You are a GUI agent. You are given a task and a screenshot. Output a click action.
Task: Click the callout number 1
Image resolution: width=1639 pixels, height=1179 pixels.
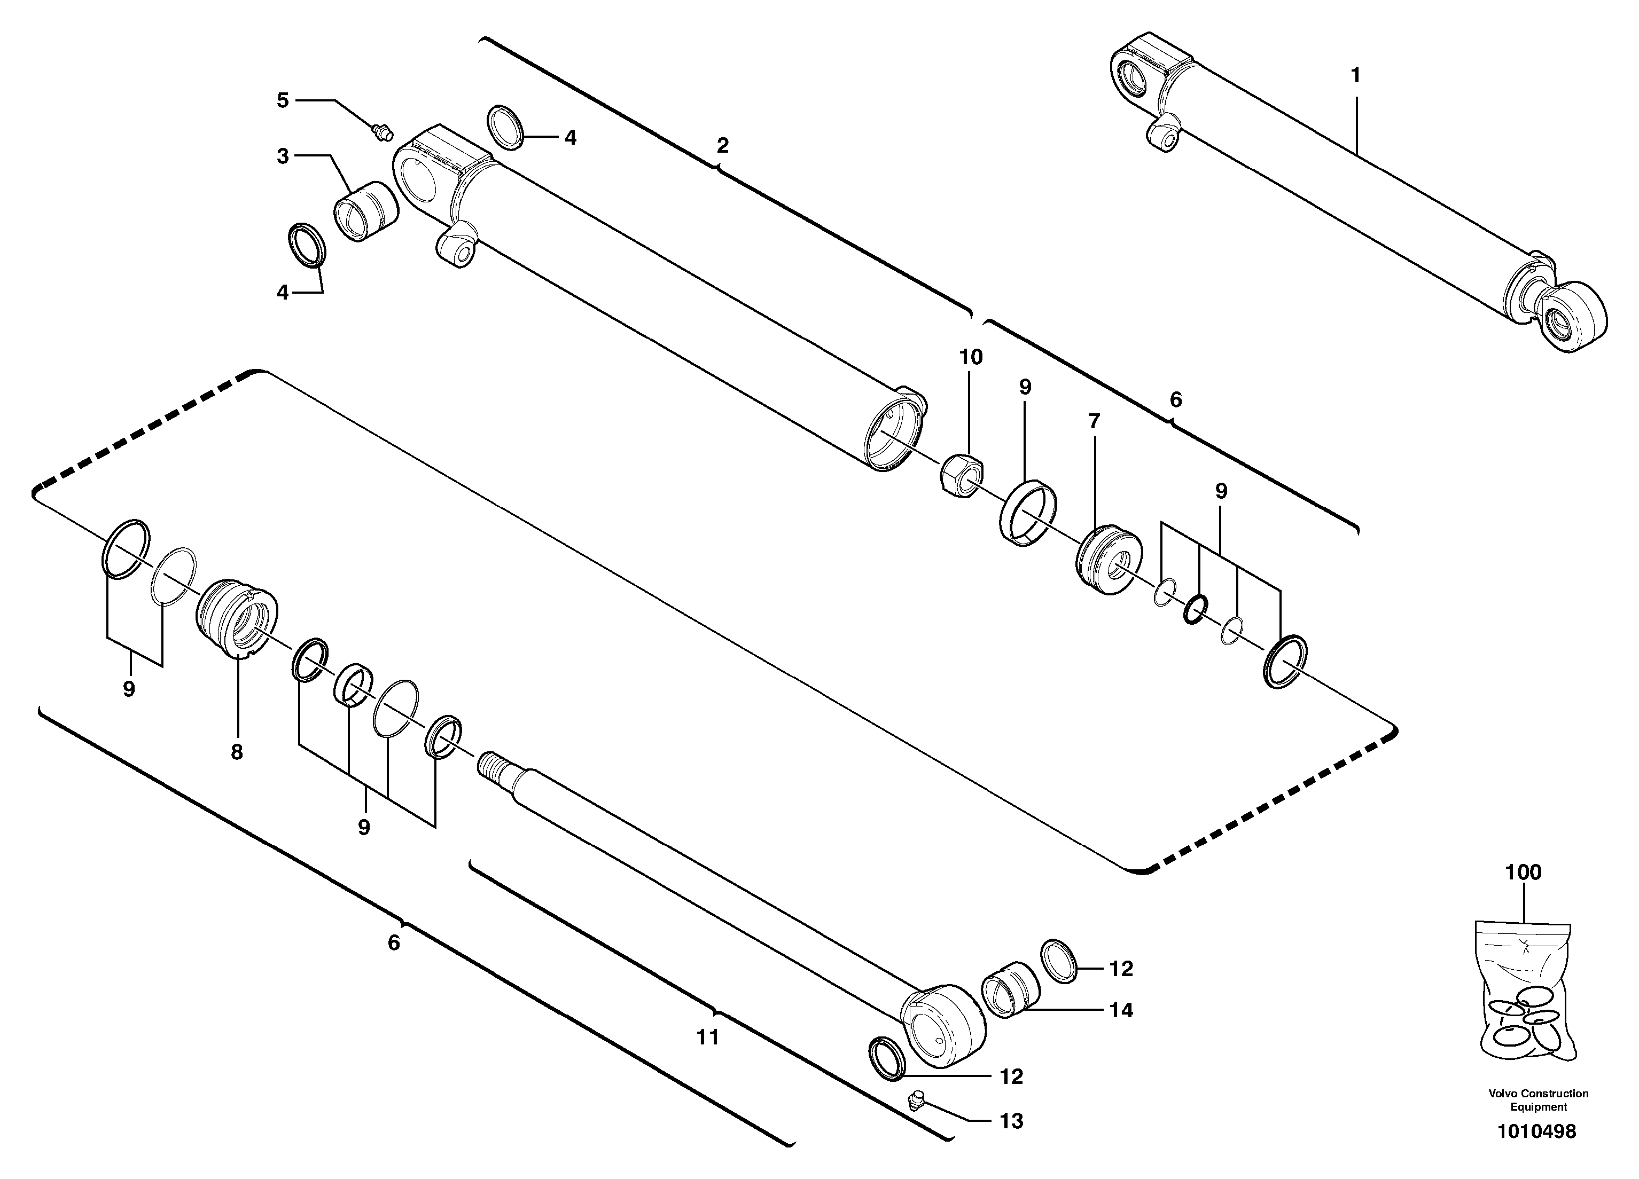[x=1356, y=75]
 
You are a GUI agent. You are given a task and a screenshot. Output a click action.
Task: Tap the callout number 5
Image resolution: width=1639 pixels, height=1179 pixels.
[x=283, y=100]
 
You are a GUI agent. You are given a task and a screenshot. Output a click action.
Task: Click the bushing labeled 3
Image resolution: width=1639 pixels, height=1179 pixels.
[x=365, y=211]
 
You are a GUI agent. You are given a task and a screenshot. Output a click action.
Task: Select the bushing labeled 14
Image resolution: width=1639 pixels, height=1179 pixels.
[x=1010, y=989]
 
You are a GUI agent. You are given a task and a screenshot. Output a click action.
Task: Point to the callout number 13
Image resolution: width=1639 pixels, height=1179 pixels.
[x=1011, y=1121]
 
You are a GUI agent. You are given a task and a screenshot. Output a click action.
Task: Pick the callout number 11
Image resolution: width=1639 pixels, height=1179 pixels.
[x=707, y=1037]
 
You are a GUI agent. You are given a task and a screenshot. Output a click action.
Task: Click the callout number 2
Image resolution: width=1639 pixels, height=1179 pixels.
[x=722, y=146]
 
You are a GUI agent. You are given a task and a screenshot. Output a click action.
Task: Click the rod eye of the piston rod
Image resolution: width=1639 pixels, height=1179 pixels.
[x=944, y=1024]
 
